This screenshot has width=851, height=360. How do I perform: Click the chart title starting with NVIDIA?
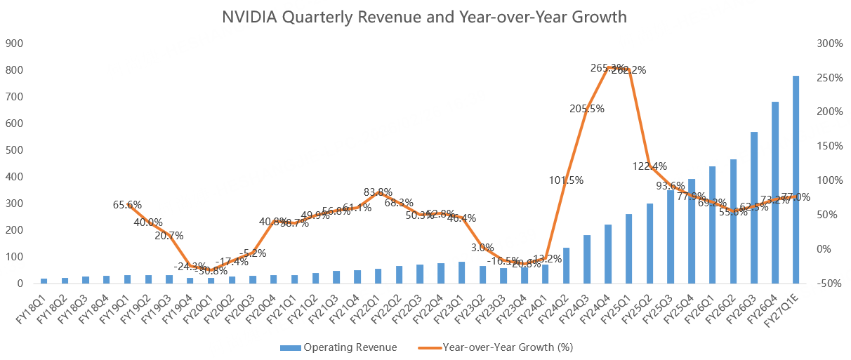pos(424,17)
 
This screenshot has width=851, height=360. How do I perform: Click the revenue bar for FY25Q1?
pos(629,249)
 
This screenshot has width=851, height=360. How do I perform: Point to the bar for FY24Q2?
pos(566,266)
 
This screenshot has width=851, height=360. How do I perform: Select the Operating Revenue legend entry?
pos(338,347)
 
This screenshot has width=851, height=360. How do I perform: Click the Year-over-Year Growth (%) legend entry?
pos(498,347)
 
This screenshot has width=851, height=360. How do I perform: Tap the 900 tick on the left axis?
pos(15,44)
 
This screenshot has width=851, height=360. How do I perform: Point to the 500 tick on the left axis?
pos(15,150)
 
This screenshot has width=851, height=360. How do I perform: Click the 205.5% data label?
pos(587,109)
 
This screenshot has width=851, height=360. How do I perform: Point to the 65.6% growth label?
pos(126,205)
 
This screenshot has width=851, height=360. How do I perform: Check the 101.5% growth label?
pos(567,180)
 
